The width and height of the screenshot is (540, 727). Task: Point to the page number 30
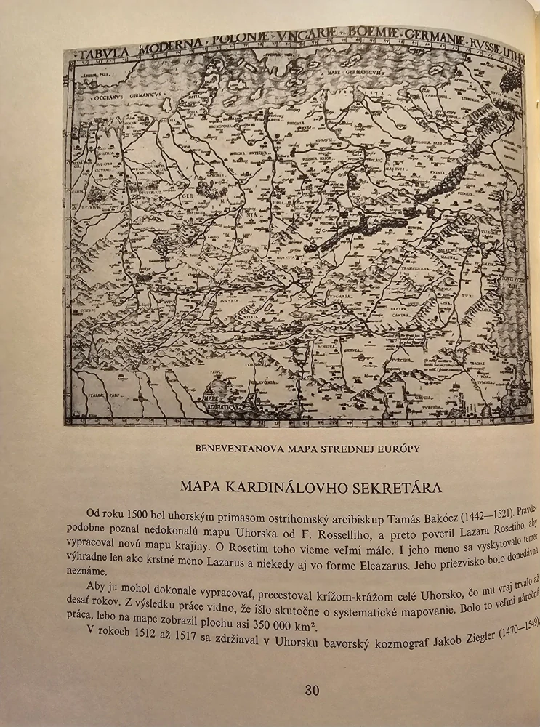(311, 690)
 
